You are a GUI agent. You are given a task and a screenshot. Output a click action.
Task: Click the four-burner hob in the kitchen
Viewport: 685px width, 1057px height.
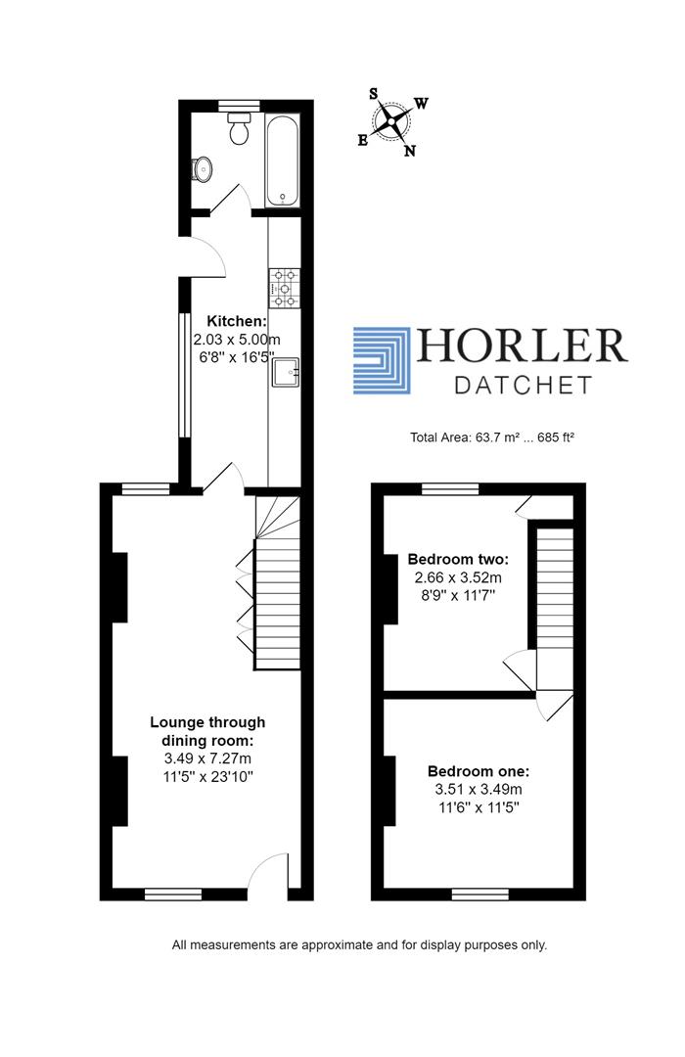point(284,288)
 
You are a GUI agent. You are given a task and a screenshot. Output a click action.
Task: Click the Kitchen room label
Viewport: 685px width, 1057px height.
point(235,321)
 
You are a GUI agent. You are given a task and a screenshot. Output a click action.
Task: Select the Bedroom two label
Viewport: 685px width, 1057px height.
point(458,560)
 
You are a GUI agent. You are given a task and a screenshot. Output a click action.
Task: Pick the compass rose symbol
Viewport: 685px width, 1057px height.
point(392,122)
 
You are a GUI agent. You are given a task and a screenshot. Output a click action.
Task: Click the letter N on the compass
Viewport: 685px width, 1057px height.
point(410,151)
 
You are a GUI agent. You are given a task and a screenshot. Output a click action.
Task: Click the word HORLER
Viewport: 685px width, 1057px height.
point(523,345)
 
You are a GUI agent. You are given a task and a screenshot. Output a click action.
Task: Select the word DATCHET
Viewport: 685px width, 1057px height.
point(524,385)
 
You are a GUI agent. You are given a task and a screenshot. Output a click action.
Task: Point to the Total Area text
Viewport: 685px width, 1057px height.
point(491,437)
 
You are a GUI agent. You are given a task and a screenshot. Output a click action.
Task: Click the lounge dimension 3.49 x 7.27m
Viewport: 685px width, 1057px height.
point(207,758)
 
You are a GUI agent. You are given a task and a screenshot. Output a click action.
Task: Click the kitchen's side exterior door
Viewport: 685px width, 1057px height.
point(205,257)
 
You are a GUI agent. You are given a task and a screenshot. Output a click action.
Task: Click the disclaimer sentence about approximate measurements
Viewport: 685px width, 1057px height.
point(359,945)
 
